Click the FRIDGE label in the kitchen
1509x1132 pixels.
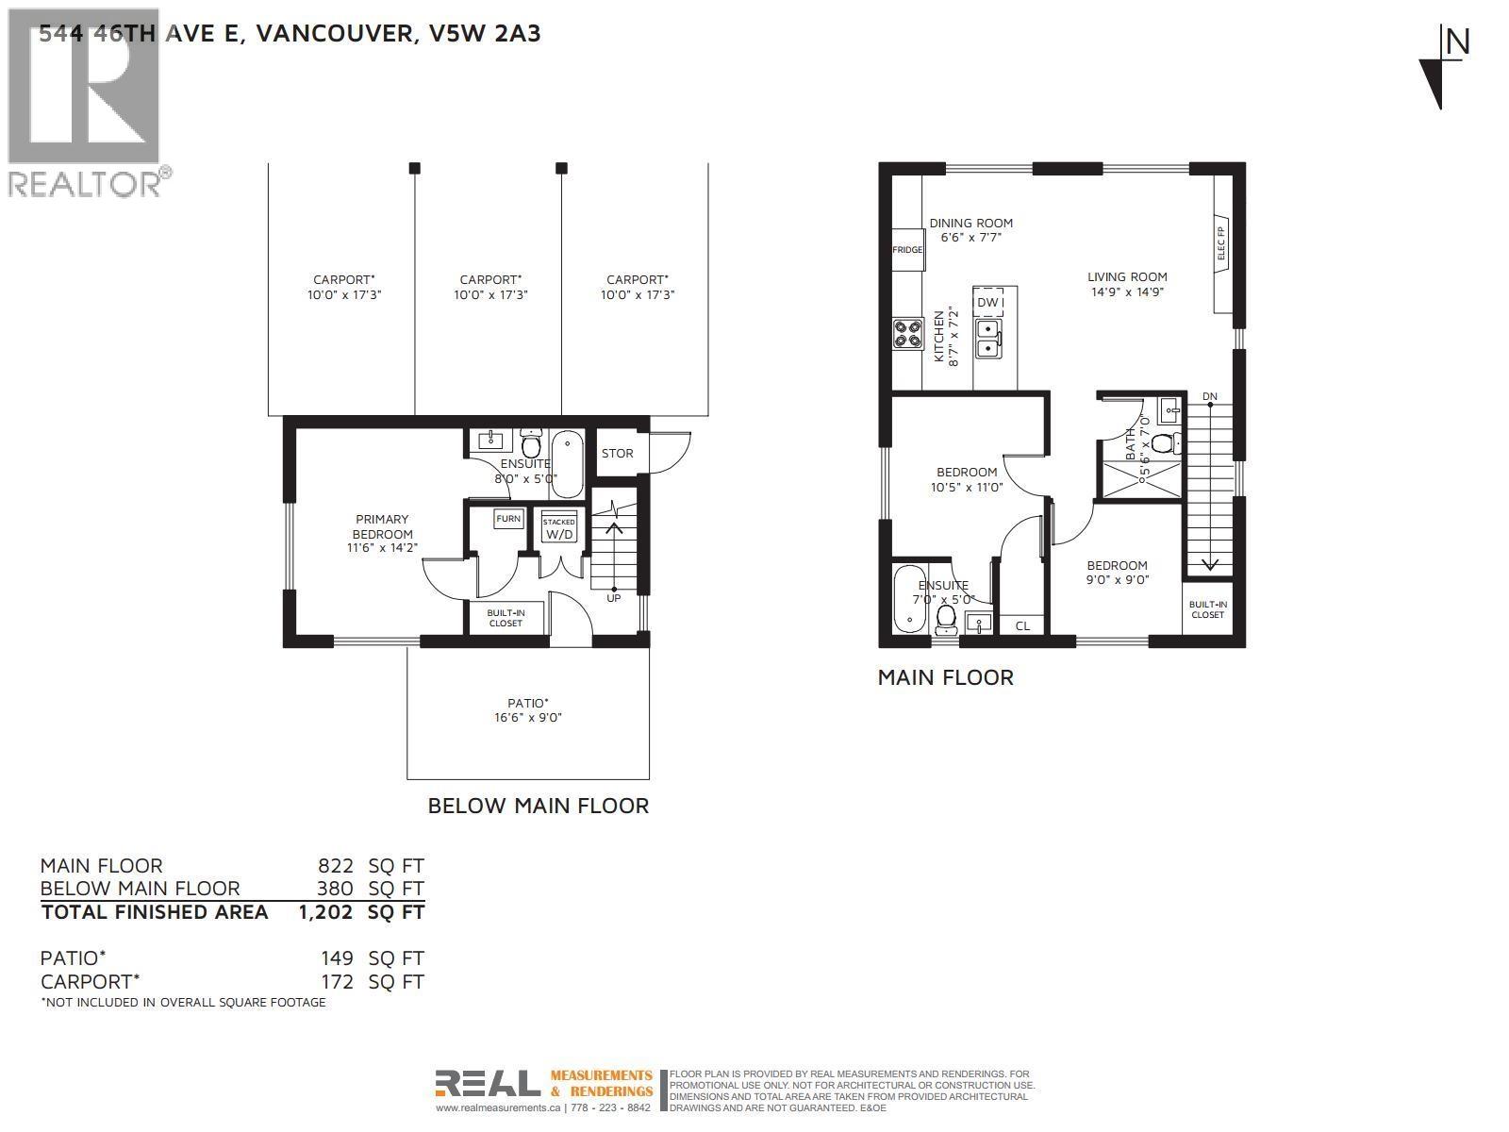[x=907, y=250]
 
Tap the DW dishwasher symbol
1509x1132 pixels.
[x=987, y=302]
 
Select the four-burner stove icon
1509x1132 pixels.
[x=908, y=333]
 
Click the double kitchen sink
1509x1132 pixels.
[x=988, y=338]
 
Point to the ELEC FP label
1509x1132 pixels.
[x=1221, y=243]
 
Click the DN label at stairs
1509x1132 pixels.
[x=1210, y=396]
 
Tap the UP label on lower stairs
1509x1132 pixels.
[x=614, y=598]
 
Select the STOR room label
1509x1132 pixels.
[x=618, y=453]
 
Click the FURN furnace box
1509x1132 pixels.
[x=508, y=519]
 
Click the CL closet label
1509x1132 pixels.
[x=1022, y=625]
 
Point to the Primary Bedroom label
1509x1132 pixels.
[x=382, y=526]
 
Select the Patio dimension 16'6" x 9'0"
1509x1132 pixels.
[x=528, y=718]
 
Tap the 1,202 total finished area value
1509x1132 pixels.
[x=325, y=912]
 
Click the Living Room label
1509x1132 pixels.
[x=1127, y=276]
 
